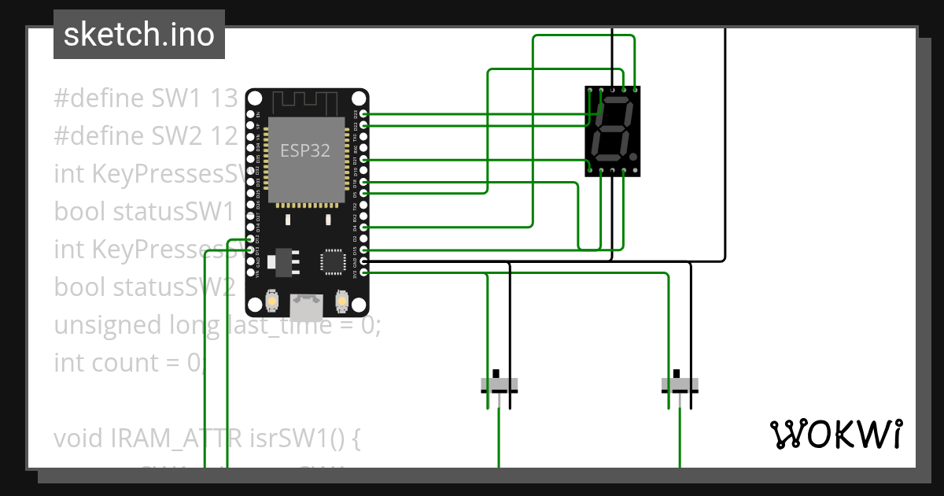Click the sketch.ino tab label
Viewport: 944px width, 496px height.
pyautogui.click(x=138, y=35)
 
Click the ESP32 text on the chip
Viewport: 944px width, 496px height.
pyautogui.click(x=305, y=150)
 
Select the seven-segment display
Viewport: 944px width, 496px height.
pyautogui.click(x=612, y=131)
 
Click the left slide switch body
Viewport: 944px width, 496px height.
pyautogui.click(x=500, y=386)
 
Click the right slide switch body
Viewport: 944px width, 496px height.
pyautogui.click(x=680, y=386)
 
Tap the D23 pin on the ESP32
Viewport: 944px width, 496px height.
pyautogui.click(x=363, y=114)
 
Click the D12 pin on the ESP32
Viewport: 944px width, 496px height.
pyautogui.click(x=250, y=239)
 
